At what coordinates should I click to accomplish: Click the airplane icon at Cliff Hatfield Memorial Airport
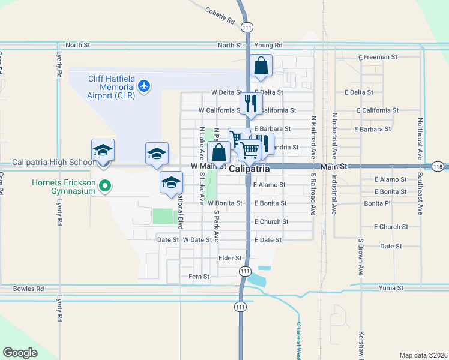pyautogui.click(x=143, y=86)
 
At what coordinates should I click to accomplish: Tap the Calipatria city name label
pyautogui.click(x=249, y=169)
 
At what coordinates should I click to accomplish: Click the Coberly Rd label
pyautogui.click(x=220, y=15)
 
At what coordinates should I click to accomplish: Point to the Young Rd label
pyautogui.click(x=268, y=45)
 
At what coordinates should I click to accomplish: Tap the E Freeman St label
pyautogui.click(x=378, y=58)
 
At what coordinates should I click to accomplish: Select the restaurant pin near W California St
pyautogui.click(x=250, y=103)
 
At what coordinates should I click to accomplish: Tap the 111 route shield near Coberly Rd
pyautogui.click(x=246, y=27)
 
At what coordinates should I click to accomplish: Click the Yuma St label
pyautogui.click(x=391, y=288)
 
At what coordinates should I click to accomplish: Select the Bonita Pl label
pyautogui.click(x=377, y=203)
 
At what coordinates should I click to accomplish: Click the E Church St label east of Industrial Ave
pyautogui.click(x=391, y=227)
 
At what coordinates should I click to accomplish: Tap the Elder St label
pyautogui.click(x=230, y=258)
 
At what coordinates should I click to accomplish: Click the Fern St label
pyautogui.click(x=199, y=277)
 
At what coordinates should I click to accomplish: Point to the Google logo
pyautogui.click(x=20, y=352)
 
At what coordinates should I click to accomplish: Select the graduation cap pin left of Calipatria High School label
pyautogui.click(x=103, y=151)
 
